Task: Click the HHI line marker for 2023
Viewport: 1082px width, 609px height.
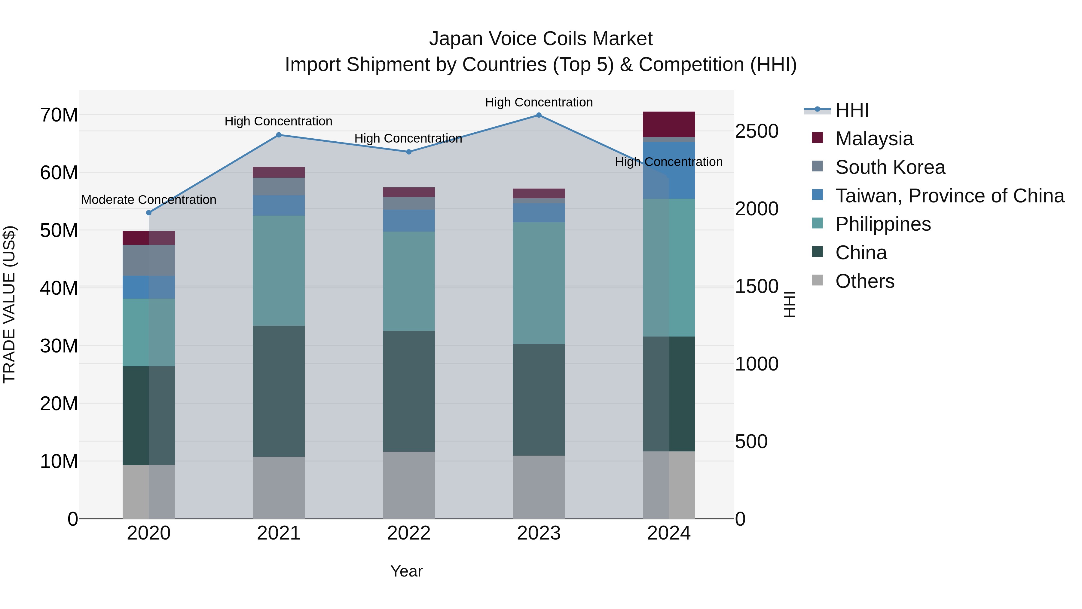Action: point(539,115)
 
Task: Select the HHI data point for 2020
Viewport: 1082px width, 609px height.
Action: point(149,213)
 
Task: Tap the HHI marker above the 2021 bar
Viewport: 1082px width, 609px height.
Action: point(279,135)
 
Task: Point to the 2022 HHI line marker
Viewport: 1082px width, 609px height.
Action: point(409,152)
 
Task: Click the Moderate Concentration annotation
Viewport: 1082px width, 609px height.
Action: point(149,200)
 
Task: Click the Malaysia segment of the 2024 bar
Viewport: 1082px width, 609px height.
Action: point(669,125)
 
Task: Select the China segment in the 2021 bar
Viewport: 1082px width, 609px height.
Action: point(279,391)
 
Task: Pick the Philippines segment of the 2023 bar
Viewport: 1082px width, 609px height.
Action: point(539,283)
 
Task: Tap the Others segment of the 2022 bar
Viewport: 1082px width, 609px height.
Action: point(409,485)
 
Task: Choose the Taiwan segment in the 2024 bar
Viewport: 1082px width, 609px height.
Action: point(669,170)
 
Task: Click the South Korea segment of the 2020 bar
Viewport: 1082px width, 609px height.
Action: point(149,260)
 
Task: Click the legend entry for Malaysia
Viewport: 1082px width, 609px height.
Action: point(874,139)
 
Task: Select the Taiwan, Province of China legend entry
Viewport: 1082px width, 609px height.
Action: point(949,196)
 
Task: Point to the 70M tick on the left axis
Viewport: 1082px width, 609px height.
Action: point(59,115)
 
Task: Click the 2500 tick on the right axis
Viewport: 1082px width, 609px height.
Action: point(756,131)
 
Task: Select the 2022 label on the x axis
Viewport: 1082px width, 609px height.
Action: point(409,533)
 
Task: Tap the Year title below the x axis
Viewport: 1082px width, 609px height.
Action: point(406,571)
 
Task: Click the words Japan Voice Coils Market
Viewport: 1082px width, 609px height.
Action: point(541,39)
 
